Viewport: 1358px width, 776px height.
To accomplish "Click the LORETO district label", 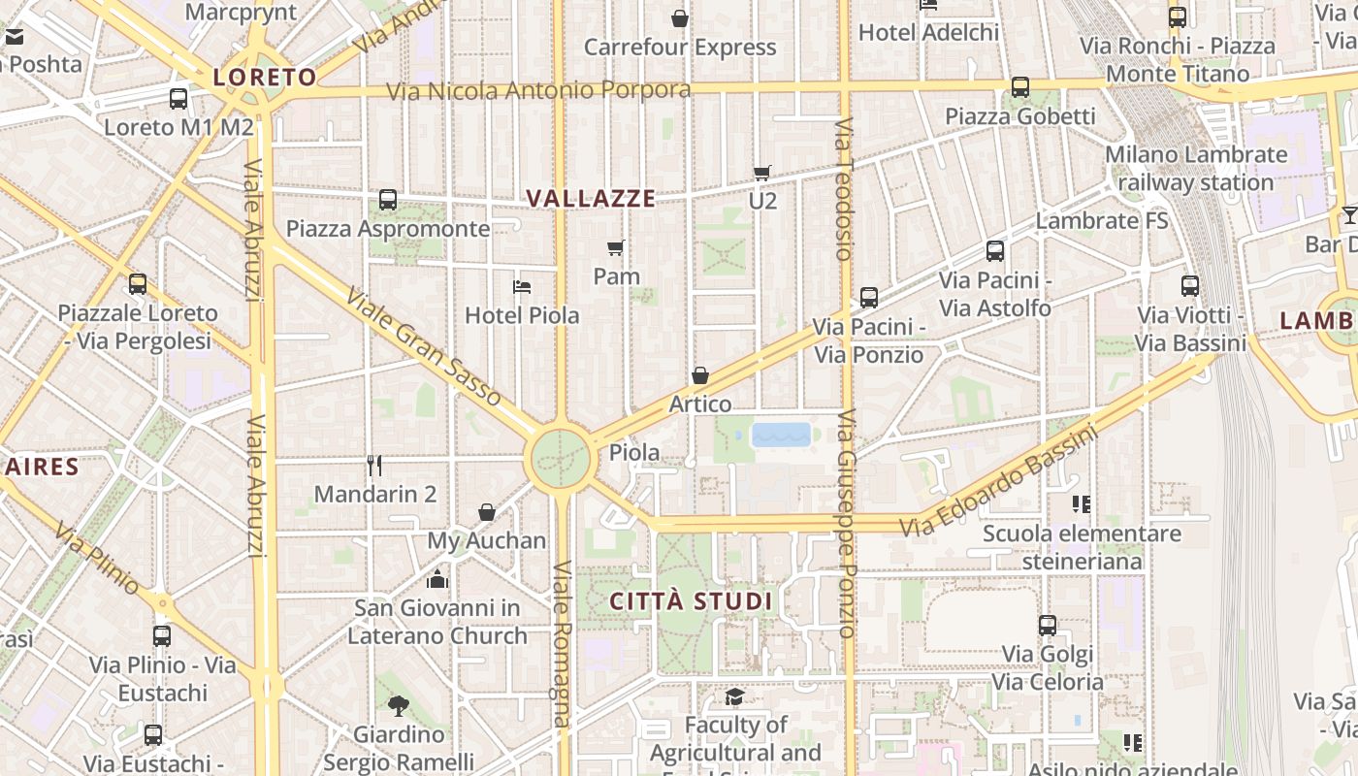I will (265, 78).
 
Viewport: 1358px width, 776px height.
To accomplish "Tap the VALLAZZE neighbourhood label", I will (591, 199).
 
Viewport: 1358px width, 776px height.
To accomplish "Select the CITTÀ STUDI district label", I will (691, 601).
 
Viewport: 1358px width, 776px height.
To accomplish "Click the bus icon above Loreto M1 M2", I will (178, 98).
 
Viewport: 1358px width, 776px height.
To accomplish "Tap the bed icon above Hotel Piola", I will (522, 287).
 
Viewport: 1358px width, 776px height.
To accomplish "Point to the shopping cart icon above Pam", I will (616, 248).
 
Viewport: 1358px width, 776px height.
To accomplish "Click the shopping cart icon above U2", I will (762, 173).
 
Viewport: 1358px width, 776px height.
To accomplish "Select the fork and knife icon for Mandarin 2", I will (375, 466).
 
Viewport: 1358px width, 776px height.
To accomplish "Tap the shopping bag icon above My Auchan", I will (487, 512).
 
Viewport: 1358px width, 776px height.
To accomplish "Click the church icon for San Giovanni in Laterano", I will (437, 579).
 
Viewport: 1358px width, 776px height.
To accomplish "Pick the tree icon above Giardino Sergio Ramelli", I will (398, 705).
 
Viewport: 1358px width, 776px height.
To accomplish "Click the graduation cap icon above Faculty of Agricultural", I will (735, 696).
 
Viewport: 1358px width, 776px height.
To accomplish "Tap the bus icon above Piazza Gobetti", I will (1019, 87).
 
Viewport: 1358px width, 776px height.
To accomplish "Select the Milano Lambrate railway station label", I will (1196, 169).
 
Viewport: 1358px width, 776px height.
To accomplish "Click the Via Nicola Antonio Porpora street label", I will (539, 91).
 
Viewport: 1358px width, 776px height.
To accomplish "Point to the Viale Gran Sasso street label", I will (424, 347).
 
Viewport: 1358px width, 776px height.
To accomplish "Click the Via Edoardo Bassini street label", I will (999, 482).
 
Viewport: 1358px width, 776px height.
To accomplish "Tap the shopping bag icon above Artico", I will (700, 375).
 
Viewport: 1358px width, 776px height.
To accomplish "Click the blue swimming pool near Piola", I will (781, 434).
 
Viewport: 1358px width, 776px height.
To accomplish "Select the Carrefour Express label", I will (680, 48).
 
